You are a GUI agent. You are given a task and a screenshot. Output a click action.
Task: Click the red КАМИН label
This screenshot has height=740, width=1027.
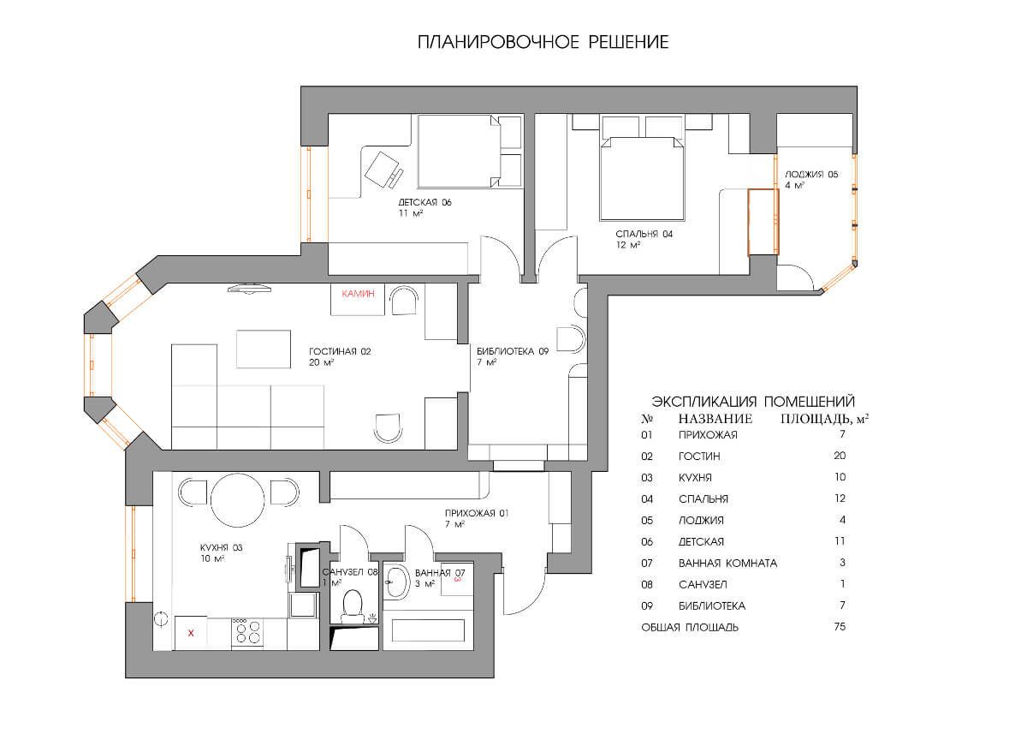click(x=358, y=294)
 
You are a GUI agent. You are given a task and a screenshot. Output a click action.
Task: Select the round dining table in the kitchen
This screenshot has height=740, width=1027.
click(x=238, y=500)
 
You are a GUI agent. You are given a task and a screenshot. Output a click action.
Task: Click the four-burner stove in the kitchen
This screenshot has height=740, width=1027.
click(x=247, y=633)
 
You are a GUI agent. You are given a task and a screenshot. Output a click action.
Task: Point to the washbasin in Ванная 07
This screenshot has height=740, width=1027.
click(x=396, y=582)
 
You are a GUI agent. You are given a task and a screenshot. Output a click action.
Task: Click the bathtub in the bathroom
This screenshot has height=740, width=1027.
click(x=428, y=630)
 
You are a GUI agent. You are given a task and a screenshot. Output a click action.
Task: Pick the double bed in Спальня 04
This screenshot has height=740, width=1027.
click(x=643, y=178)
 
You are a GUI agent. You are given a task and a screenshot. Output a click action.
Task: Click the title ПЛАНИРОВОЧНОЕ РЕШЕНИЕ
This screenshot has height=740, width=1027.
click(x=543, y=42)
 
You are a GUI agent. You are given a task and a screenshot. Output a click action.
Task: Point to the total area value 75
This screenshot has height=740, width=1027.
click(x=840, y=627)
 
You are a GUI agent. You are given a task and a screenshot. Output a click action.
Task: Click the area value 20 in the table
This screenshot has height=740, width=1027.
click(x=840, y=456)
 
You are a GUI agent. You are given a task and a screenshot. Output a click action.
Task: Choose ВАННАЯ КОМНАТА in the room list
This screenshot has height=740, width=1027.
click(x=728, y=564)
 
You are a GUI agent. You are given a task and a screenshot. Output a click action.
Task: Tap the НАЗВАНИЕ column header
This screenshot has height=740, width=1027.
click(x=715, y=419)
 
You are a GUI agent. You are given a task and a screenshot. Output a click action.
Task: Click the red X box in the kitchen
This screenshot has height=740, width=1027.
click(x=191, y=633)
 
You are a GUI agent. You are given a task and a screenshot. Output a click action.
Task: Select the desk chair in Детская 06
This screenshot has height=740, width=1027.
click(x=383, y=170)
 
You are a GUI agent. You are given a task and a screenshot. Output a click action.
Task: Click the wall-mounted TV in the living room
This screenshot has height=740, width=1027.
click(x=249, y=289)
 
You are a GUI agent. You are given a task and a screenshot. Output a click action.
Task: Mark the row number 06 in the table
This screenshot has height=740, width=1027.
click(x=647, y=542)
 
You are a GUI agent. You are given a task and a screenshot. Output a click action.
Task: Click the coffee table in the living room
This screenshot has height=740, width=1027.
click(x=264, y=349)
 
